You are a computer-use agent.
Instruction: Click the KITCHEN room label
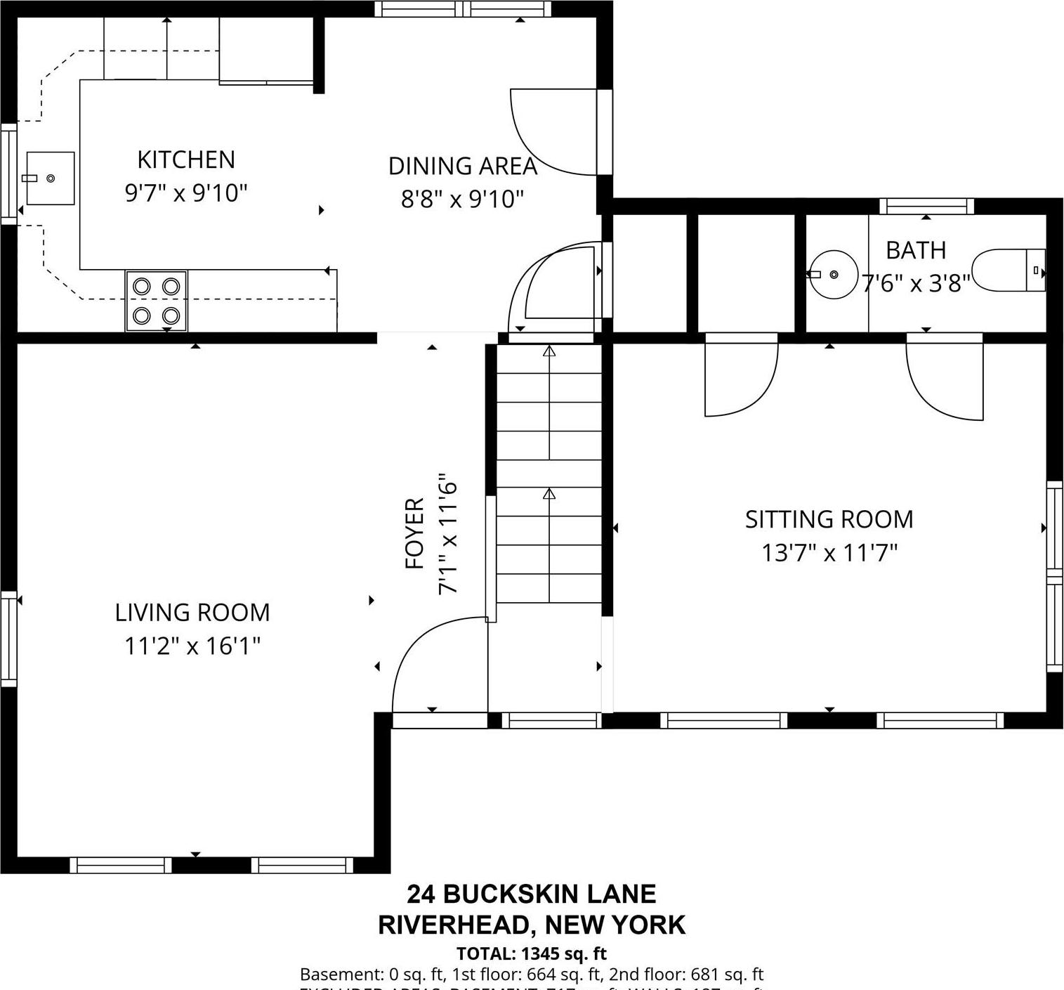pyautogui.click(x=186, y=160)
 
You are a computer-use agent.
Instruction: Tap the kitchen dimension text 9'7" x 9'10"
pyautogui.click(x=186, y=193)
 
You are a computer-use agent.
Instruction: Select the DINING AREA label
pyautogui.click(x=462, y=167)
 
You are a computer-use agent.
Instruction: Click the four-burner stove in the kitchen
pyautogui.click(x=157, y=301)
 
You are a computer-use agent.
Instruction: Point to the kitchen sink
pyautogui.click(x=51, y=178)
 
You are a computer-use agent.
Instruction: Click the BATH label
pyautogui.click(x=915, y=250)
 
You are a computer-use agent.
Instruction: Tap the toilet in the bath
pyautogui.click(x=1009, y=270)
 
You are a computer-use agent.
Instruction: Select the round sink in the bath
pyautogui.click(x=833, y=274)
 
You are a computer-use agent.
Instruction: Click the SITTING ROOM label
pyautogui.click(x=829, y=520)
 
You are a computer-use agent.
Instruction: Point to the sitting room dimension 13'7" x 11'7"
pyautogui.click(x=829, y=554)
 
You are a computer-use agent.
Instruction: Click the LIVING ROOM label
pyautogui.click(x=192, y=613)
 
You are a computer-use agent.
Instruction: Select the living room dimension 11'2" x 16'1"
pyautogui.click(x=192, y=646)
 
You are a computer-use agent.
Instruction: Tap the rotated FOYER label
pyautogui.click(x=415, y=534)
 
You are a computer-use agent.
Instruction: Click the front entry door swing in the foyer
pyautogui.click(x=435, y=667)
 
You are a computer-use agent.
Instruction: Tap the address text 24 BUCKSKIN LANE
pyautogui.click(x=531, y=894)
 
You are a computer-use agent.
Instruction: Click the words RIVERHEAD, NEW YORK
pyautogui.click(x=531, y=925)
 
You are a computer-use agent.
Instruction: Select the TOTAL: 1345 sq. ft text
pyautogui.click(x=531, y=954)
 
